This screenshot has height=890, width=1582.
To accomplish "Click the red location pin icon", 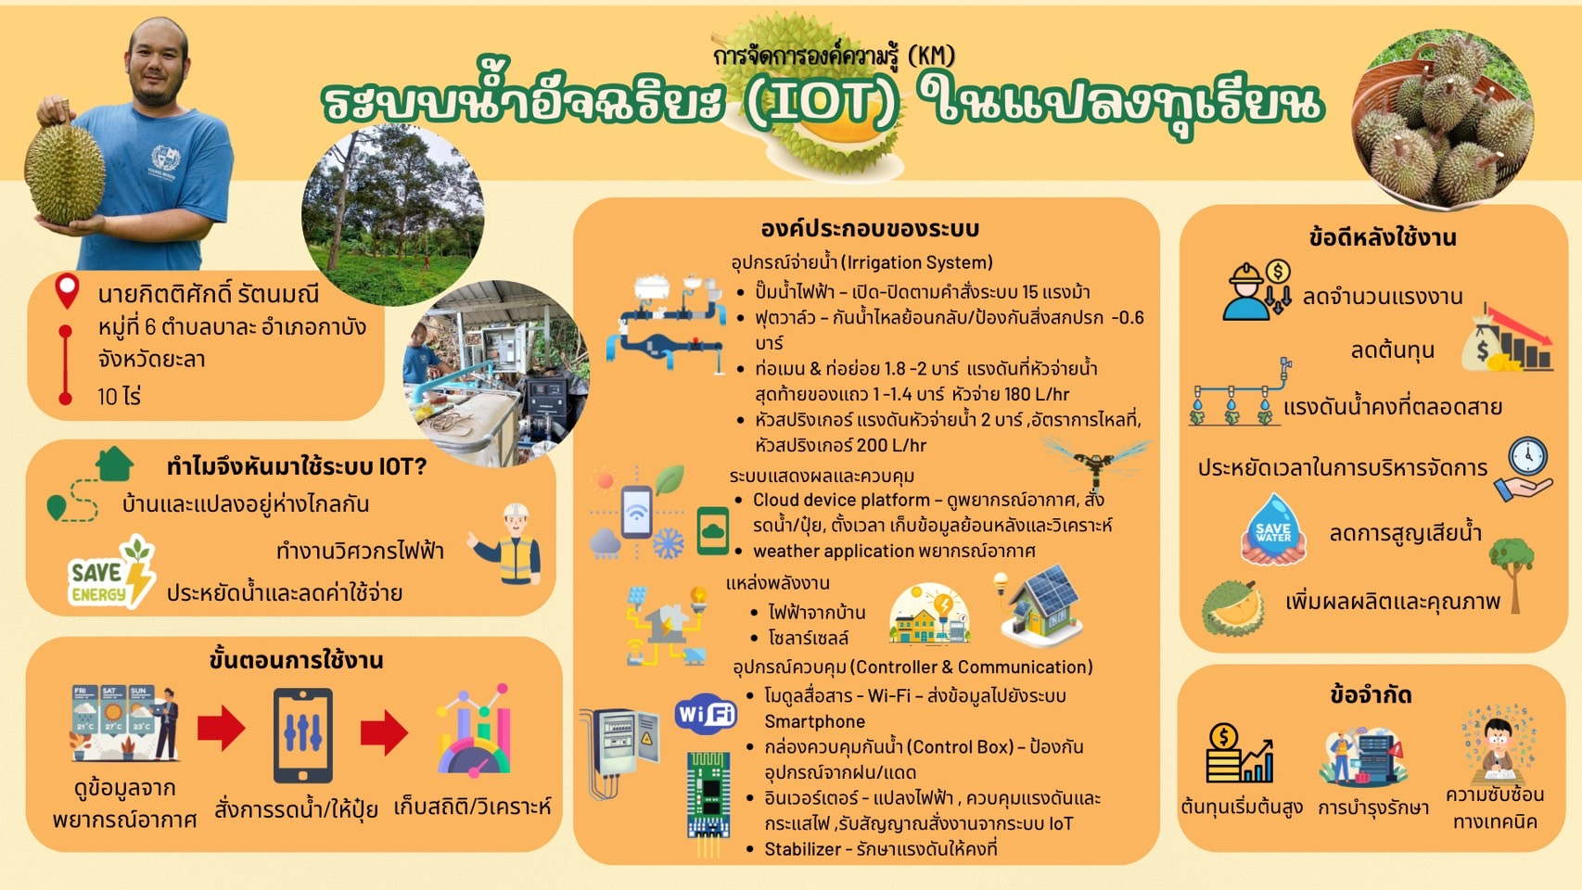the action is point(67,292).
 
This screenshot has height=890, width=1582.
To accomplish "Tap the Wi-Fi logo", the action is point(705,714).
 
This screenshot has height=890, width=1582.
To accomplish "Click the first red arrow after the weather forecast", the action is point(221,728).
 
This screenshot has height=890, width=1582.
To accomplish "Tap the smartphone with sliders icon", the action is point(303,735).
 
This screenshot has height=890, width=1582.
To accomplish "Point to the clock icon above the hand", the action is point(1527,458).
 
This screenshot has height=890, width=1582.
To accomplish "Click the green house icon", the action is point(114,464).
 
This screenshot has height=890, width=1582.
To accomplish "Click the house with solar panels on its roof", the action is point(1041,605).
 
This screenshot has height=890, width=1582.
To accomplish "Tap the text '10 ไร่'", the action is point(119,397).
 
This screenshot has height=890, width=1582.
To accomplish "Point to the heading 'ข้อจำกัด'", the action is point(1371,695).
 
